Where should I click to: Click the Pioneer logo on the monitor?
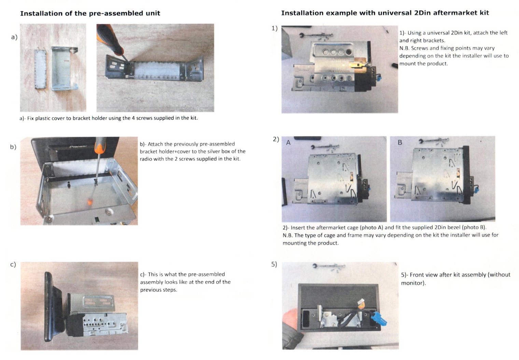(78, 146)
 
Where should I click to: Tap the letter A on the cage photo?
(288, 143)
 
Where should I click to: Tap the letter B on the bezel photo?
(400, 142)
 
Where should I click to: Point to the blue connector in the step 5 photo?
(379, 319)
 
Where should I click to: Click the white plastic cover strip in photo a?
(41, 69)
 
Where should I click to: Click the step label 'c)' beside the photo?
(13, 264)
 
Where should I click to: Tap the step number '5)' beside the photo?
(274, 264)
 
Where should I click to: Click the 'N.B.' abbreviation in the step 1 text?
(404, 48)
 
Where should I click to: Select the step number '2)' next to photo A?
(276, 139)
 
